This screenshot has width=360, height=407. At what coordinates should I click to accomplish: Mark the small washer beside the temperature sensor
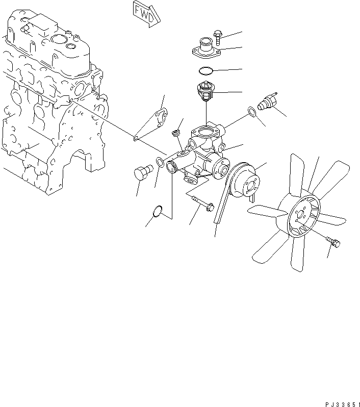[x=251, y=111]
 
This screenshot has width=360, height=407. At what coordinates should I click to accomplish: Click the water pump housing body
[x=201, y=153]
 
